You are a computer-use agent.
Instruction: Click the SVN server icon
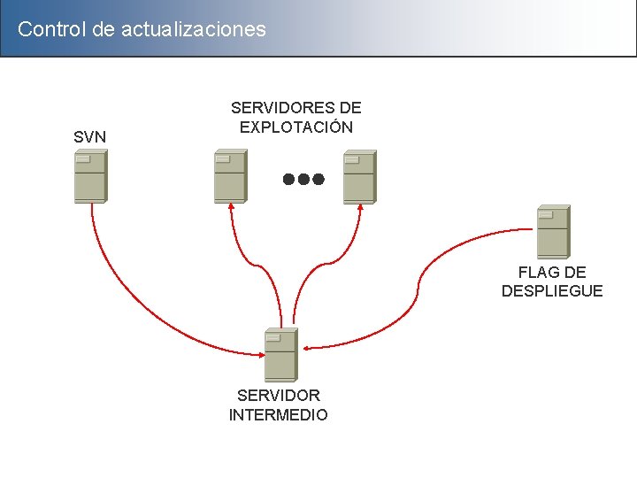pos(90,176)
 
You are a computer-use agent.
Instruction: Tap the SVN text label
pos(90,137)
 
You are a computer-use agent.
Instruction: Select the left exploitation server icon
pos(230,176)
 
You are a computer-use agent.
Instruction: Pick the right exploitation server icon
pos(359,176)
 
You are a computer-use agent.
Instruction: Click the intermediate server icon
pos(281,354)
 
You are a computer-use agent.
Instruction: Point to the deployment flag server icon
pos(553,232)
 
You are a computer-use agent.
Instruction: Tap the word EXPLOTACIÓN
pos(296,127)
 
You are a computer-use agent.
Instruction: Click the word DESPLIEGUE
pos(552,291)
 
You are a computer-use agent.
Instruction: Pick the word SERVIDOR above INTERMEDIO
pos(279,396)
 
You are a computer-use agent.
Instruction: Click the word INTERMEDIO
pos(279,414)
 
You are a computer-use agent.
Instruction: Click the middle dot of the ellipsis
pos(303,179)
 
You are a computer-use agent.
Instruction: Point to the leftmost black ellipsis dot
pos(288,179)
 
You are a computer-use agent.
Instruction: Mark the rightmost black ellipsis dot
pos(318,179)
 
